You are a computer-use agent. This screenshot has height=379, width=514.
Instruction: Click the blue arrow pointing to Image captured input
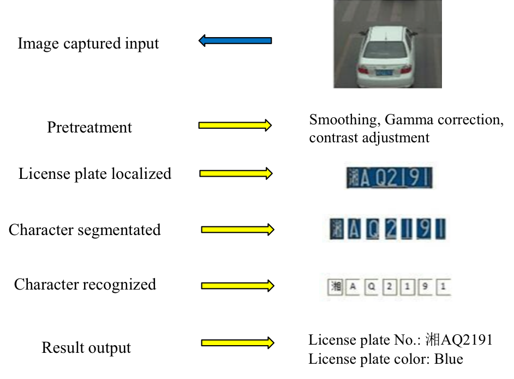[x=235, y=40]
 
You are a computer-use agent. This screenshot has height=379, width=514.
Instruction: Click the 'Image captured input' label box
[x=99, y=44]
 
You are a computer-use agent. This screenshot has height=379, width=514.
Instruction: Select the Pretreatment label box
[x=98, y=127]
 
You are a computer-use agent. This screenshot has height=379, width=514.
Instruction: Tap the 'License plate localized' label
[x=101, y=173]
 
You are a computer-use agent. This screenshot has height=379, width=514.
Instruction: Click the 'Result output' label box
[x=94, y=347]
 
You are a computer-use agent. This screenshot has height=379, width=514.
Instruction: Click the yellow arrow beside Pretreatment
[x=235, y=125]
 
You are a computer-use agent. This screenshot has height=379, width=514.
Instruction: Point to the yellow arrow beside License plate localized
[x=236, y=173]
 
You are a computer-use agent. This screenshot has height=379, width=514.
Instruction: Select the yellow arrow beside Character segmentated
[x=237, y=230]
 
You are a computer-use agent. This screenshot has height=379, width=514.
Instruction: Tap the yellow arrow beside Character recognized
[x=237, y=286]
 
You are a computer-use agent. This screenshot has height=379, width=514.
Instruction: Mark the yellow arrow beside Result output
[x=237, y=342]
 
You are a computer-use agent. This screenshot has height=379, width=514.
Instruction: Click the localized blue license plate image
[x=389, y=177]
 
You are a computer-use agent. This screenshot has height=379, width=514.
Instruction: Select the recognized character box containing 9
[x=426, y=286]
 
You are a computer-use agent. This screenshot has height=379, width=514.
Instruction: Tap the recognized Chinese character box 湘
[x=334, y=286]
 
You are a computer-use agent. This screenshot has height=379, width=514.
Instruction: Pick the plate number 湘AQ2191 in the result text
[x=458, y=340]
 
